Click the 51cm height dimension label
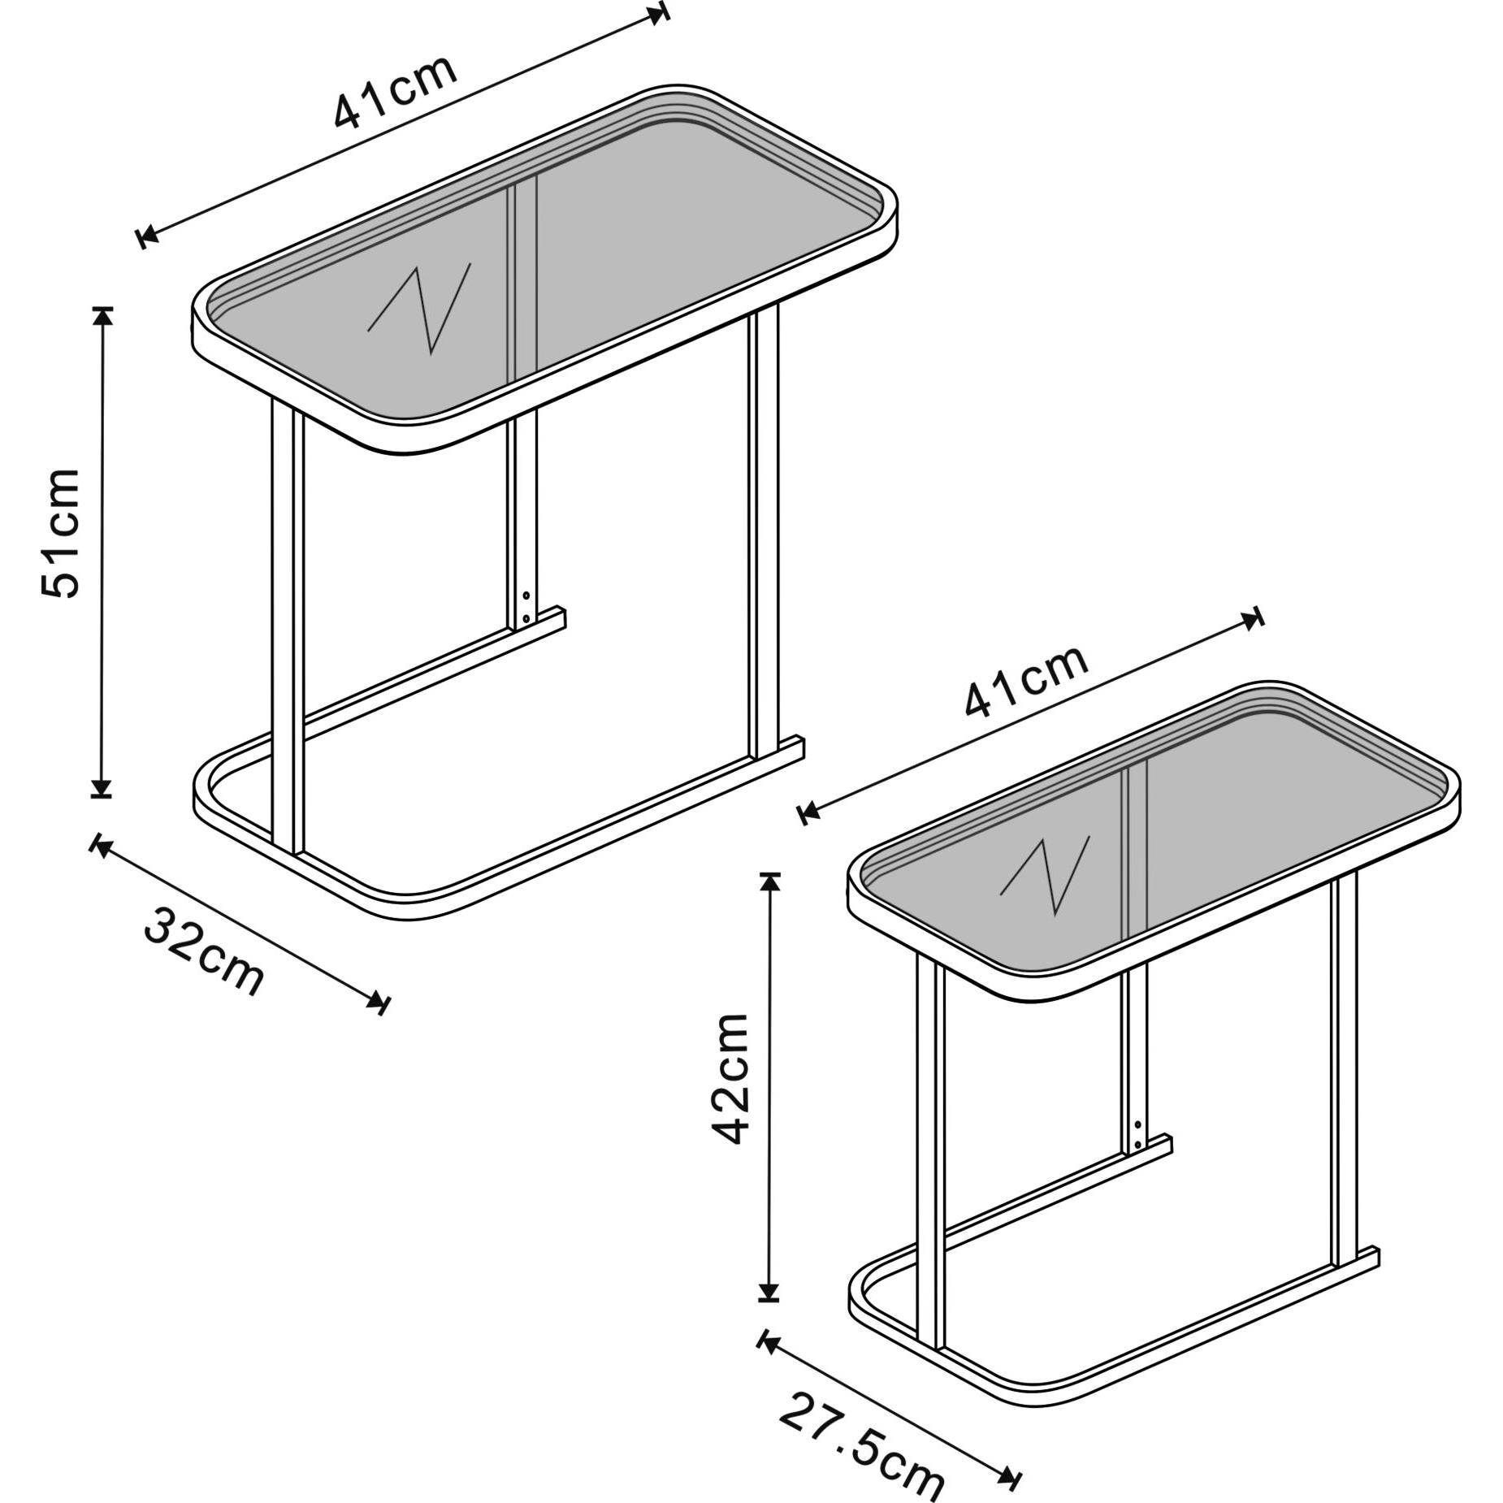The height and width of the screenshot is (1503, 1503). click(x=61, y=533)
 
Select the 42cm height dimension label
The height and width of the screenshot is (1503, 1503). click(x=728, y=1078)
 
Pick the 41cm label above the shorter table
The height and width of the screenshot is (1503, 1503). click(x=1026, y=680)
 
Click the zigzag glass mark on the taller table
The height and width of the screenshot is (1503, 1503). click(x=419, y=308)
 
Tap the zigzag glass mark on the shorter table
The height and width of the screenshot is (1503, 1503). click(x=1045, y=875)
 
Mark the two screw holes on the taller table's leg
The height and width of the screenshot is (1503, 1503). click(x=526, y=607)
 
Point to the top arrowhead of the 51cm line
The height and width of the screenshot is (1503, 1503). click(x=102, y=317)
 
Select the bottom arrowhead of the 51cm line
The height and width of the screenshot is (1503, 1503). click(x=102, y=787)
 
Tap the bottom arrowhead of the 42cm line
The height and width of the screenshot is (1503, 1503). click(x=769, y=1313)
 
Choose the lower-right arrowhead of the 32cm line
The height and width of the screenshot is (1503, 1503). click(x=378, y=1000)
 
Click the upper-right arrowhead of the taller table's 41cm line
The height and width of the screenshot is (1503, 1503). click(x=659, y=15)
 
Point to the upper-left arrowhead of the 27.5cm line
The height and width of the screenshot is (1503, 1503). click(x=768, y=1341)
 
